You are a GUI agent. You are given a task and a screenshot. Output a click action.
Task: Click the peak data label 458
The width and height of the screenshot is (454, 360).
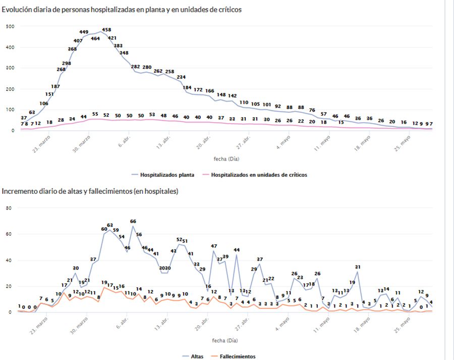click(106, 30)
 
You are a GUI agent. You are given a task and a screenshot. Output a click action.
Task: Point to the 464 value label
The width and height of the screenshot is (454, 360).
click(95, 38)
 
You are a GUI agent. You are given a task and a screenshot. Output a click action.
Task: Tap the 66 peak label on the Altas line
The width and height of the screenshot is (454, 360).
click(133, 221)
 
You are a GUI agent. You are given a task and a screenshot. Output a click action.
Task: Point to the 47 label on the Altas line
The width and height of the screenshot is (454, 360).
click(214, 246)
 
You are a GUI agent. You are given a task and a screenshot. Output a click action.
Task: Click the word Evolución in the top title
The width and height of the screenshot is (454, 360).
click(17, 10)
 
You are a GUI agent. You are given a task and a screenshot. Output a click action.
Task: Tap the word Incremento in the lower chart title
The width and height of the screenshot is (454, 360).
click(19, 191)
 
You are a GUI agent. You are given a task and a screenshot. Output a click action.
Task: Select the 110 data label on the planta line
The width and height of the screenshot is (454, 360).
click(244, 102)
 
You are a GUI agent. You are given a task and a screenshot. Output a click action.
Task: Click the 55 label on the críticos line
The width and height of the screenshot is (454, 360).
click(95, 115)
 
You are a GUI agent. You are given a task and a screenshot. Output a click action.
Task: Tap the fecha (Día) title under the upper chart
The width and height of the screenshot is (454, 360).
click(225, 159)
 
